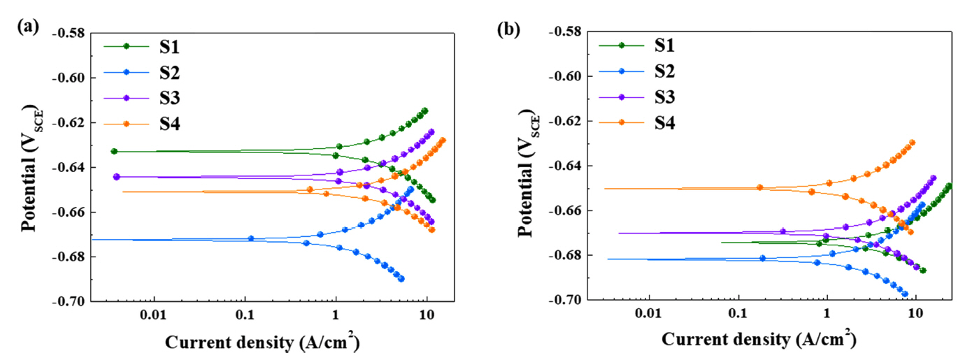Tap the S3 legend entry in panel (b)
coord(666,96)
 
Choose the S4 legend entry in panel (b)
coord(666,123)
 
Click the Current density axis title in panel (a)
coord(264,343)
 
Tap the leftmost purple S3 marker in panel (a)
coord(117,177)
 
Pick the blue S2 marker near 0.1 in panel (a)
coord(251,238)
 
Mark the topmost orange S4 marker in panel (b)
coord(912,143)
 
